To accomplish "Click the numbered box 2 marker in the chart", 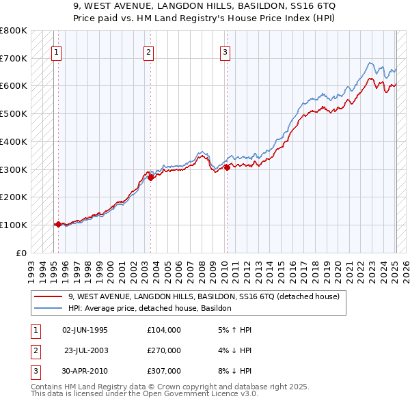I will (x=149, y=50).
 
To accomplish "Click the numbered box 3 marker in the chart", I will (x=225, y=50).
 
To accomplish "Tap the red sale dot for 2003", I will (x=150, y=178).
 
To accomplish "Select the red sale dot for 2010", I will (x=225, y=167).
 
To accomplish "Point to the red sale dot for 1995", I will (x=58, y=224).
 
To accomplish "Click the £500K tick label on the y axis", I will (x=14, y=113).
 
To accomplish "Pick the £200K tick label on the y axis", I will (x=14, y=197).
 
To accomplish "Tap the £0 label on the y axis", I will (x=21, y=253).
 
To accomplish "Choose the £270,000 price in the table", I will (x=163, y=350).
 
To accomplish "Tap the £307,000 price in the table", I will (x=163, y=371).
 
